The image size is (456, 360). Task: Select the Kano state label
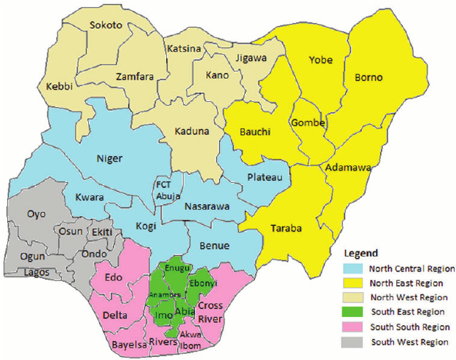pyautogui.click(x=217, y=75)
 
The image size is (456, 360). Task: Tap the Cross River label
pyautogui.click(x=211, y=311)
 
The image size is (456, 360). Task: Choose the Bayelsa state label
pyautogui.click(x=128, y=344)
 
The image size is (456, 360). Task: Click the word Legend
pyautogui.click(x=361, y=253)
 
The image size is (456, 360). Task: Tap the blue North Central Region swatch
pyautogui.click(x=352, y=269)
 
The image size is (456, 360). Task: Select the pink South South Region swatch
pyautogui.click(x=352, y=326)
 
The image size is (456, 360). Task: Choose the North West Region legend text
pyautogui.click(x=408, y=297)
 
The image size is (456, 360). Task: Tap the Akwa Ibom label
pyautogui.click(x=190, y=340)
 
